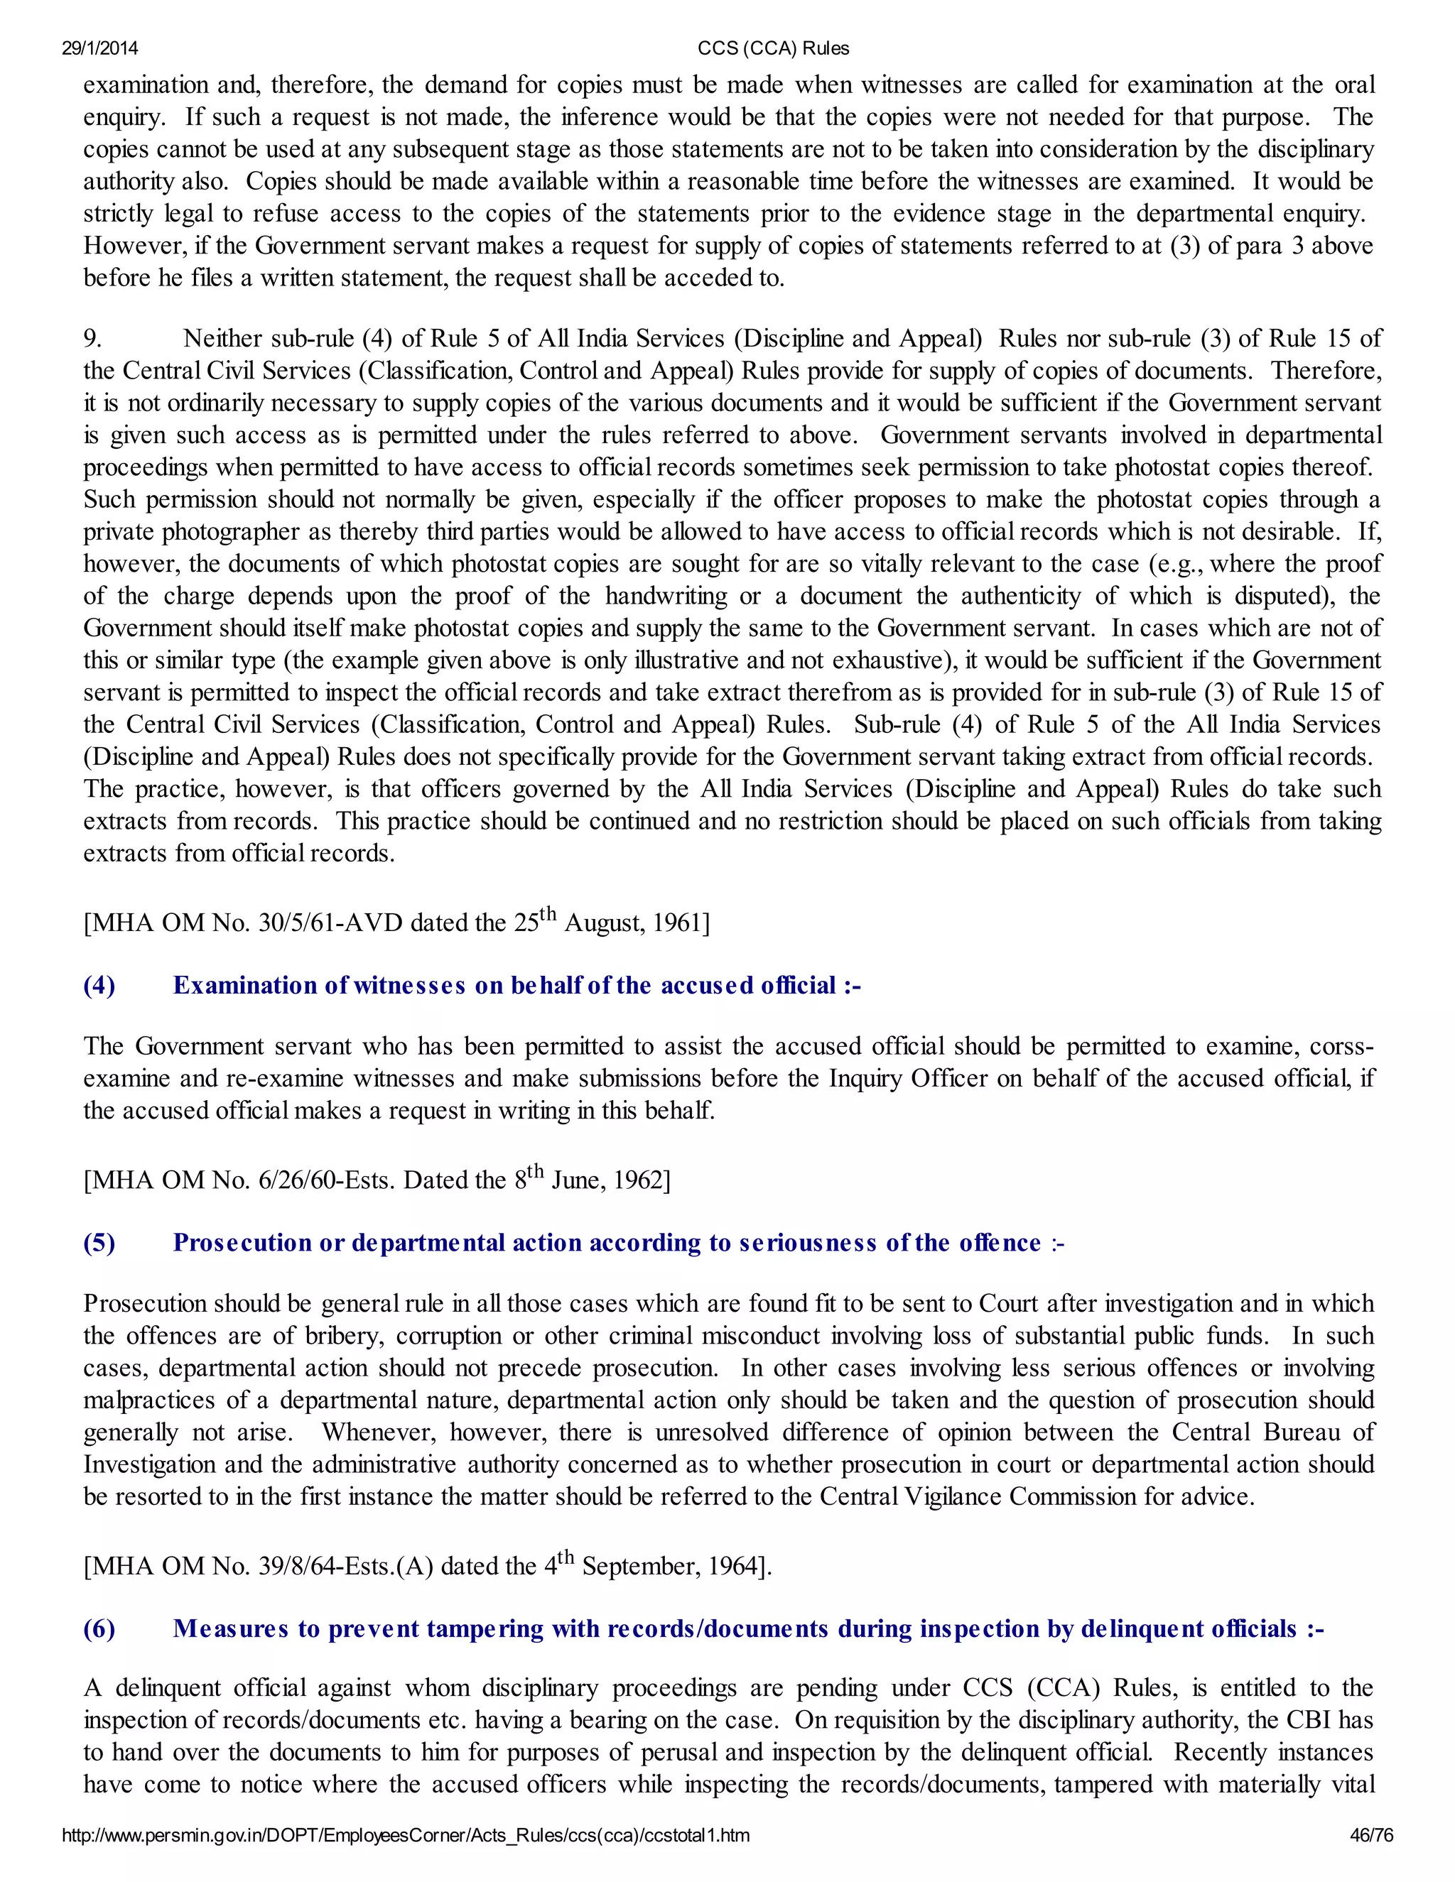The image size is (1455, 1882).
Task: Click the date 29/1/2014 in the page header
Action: (x=100, y=49)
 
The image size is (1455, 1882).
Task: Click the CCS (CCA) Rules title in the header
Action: (x=773, y=49)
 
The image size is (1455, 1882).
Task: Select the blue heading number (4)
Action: (x=99, y=986)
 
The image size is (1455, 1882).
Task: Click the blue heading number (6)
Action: (x=99, y=1628)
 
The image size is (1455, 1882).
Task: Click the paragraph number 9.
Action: (x=92, y=339)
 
